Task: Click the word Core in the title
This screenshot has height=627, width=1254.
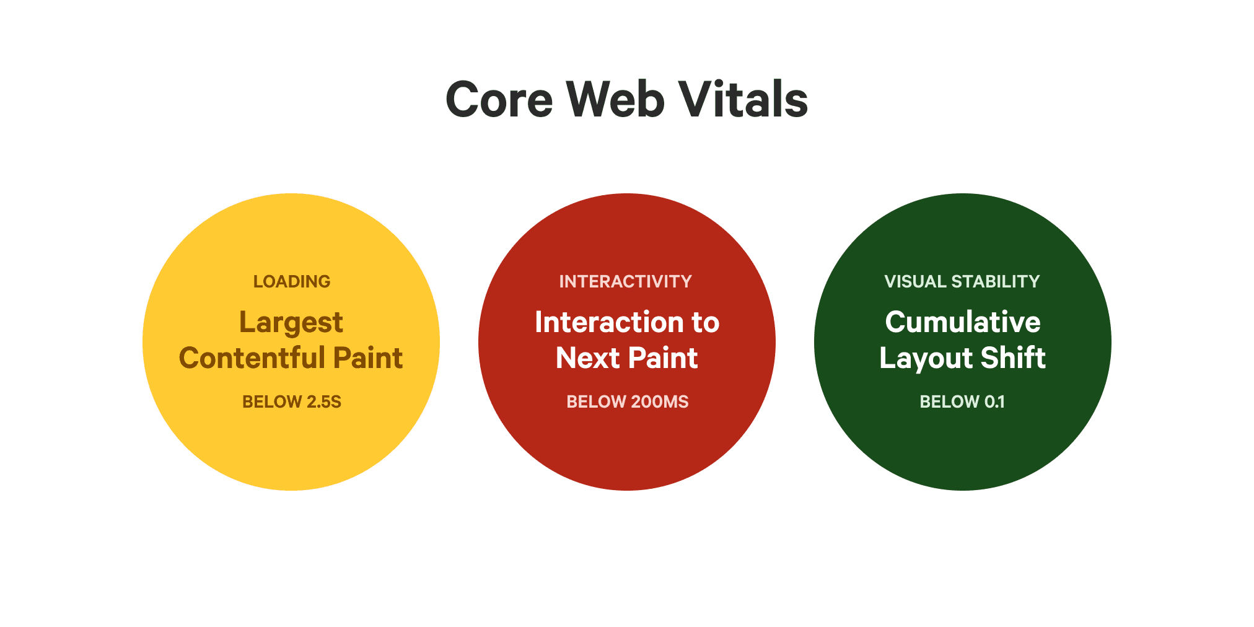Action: point(499,100)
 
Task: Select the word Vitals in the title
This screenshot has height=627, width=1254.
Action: point(743,100)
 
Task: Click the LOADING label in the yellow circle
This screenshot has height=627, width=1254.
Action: point(292,281)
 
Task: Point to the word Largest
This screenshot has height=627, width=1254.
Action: point(291,323)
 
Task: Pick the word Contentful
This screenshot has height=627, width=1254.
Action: point(252,358)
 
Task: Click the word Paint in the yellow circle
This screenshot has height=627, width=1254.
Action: point(368,358)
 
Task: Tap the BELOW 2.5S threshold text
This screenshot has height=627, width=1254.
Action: point(292,401)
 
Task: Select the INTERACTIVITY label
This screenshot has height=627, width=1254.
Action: point(626,281)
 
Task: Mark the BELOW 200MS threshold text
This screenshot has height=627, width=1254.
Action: point(628,401)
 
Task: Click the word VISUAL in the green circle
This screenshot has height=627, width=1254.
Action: point(915,281)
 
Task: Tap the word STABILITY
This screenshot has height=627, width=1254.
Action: point(996,281)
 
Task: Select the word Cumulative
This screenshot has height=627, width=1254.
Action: point(963,322)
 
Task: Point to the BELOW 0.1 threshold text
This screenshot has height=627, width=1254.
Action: point(962,401)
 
